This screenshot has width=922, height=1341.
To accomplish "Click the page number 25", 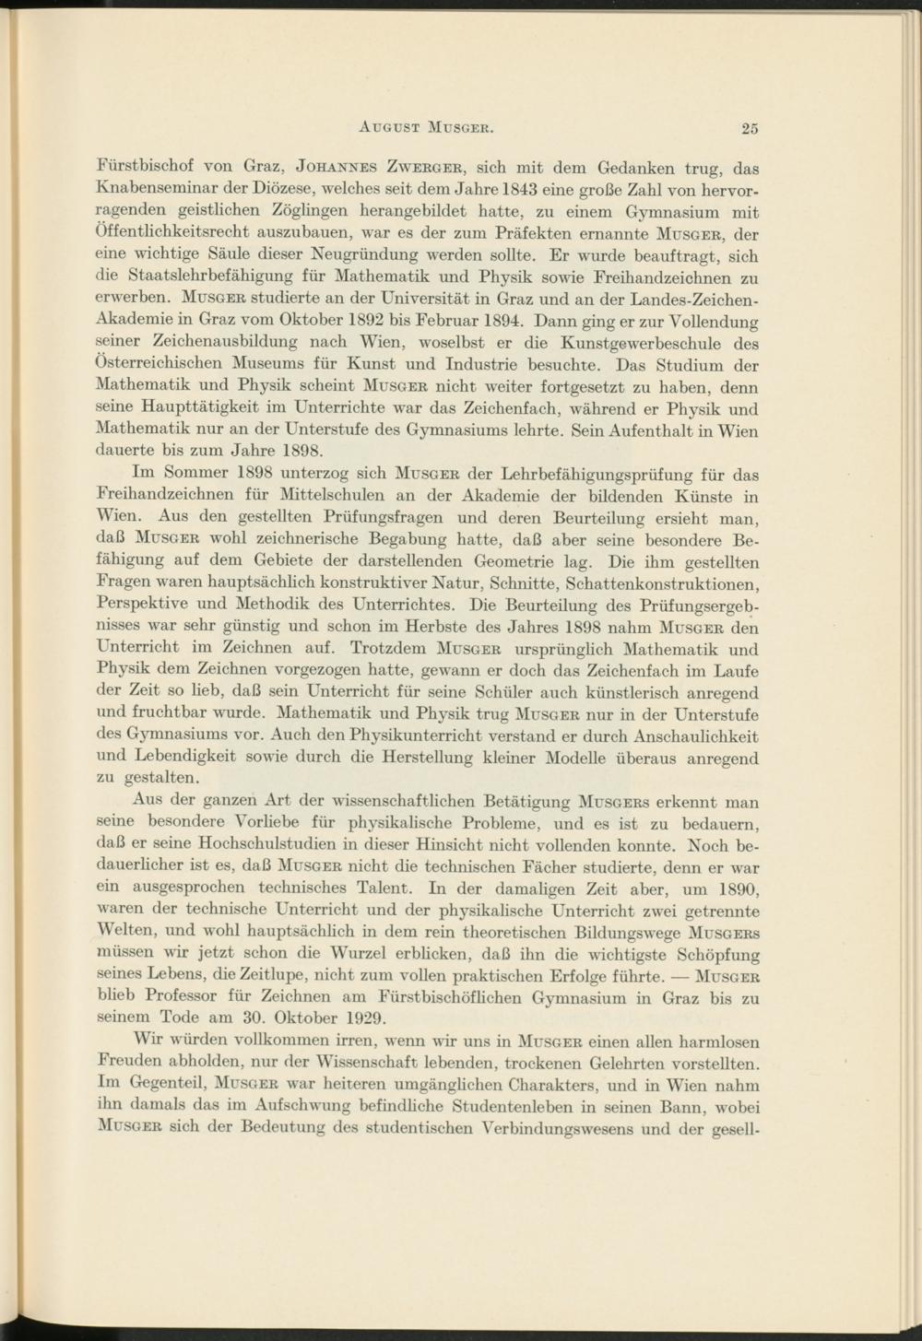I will (749, 128).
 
